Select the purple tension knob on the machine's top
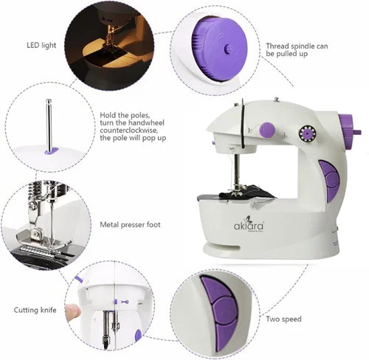point(267,130)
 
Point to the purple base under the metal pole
point(50,150)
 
